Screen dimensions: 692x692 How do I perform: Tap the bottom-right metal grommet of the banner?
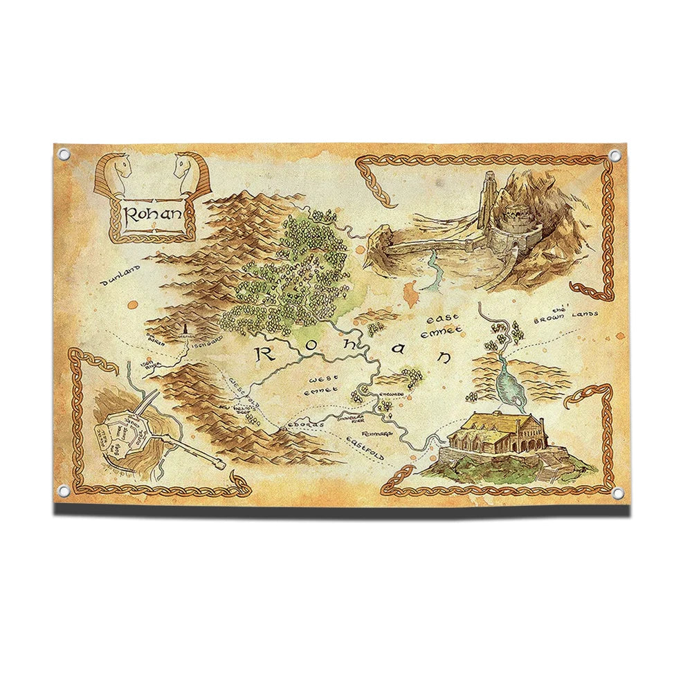[x=615, y=492]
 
